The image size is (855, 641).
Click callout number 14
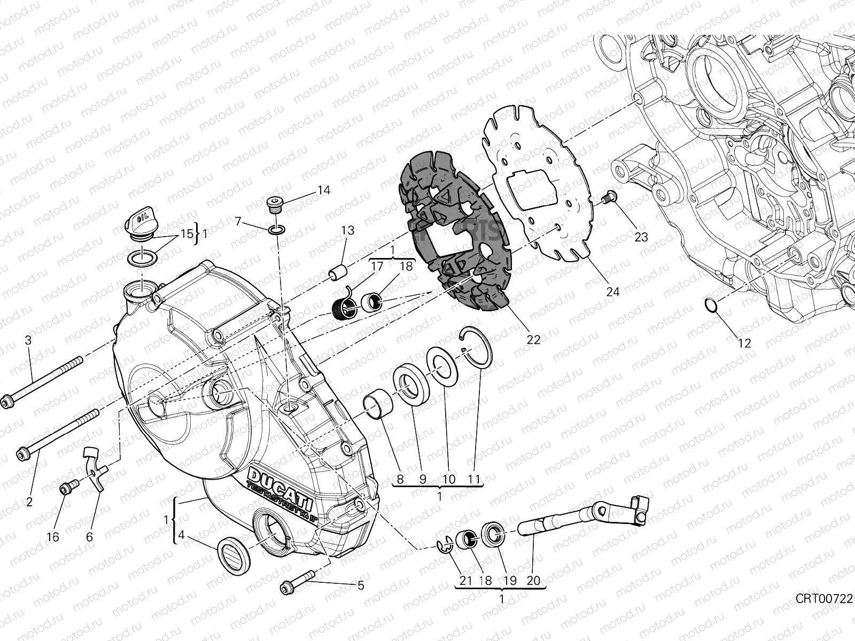point(324,190)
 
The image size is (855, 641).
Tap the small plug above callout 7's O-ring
point(274,205)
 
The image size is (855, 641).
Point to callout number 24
point(613,292)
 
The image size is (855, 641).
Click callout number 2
point(29,502)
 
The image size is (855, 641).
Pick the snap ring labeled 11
point(478,347)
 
